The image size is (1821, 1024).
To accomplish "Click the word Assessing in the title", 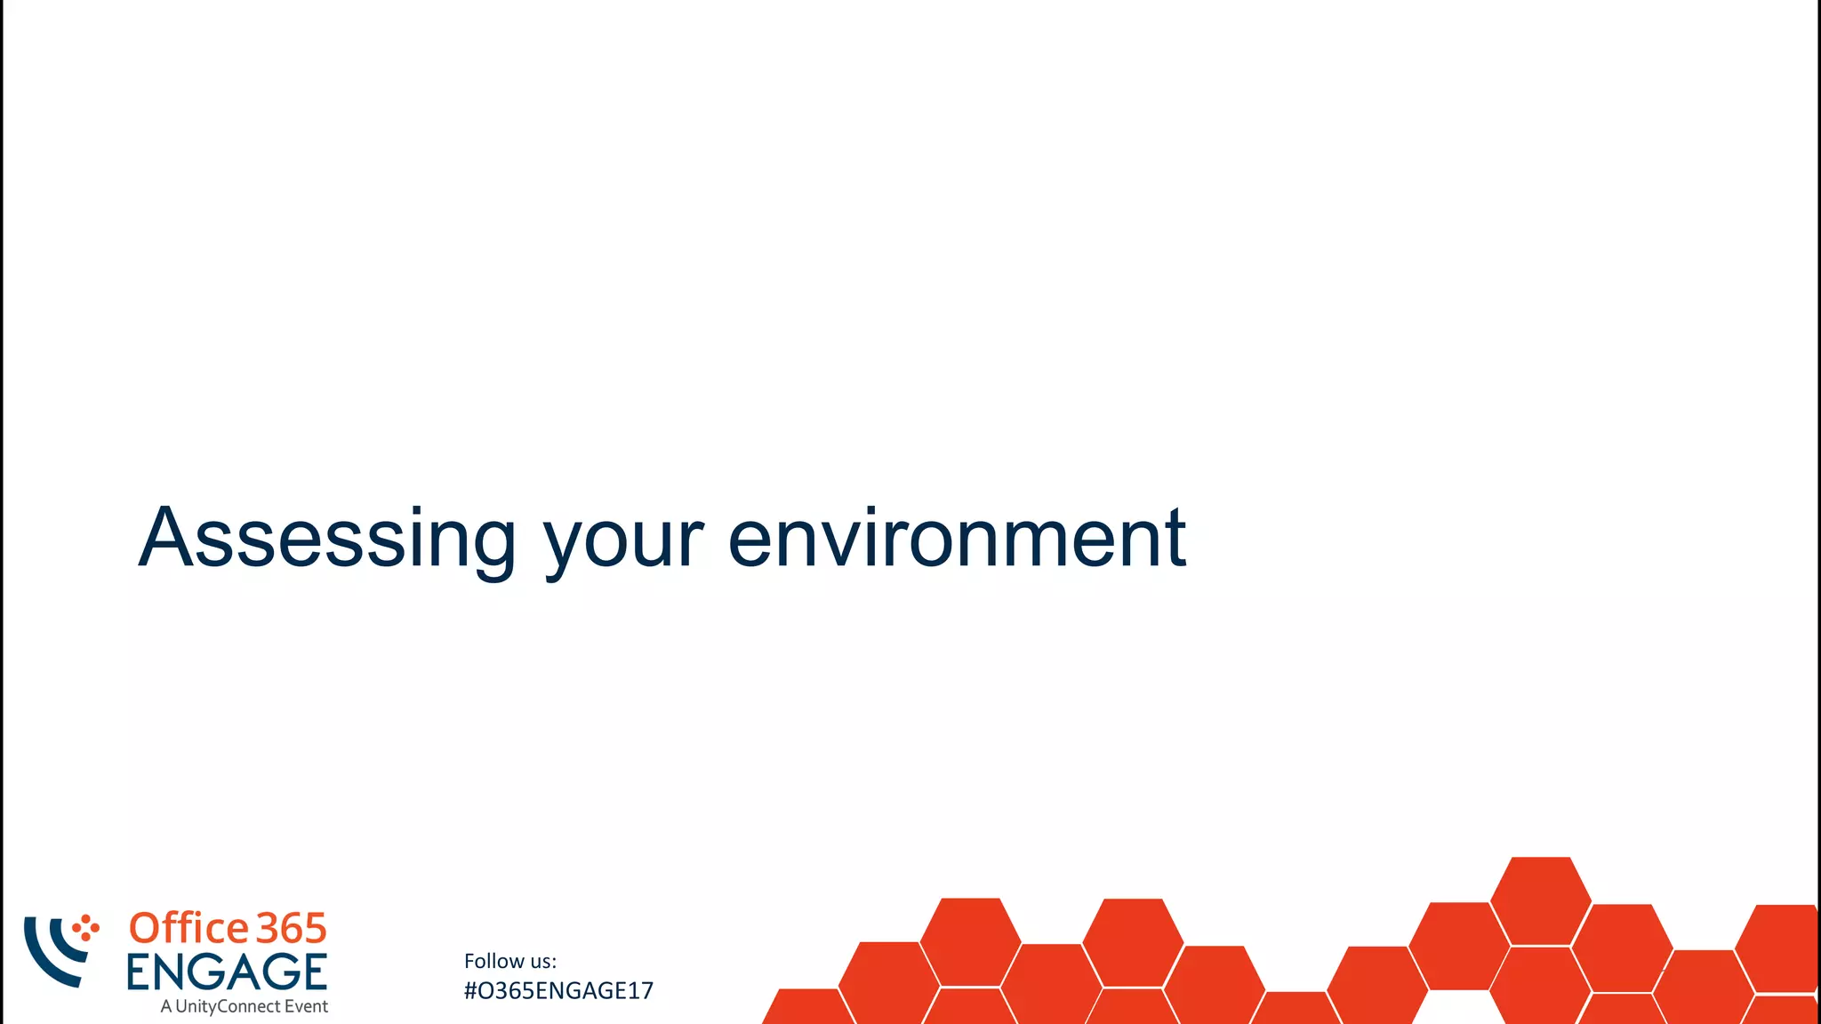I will point(327,539).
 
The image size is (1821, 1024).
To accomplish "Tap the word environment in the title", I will point(957,539).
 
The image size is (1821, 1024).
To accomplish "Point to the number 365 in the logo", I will point(292,928).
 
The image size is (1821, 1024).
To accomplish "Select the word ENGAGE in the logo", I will point(227,972).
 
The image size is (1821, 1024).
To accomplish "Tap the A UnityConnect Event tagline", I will point(245,1006).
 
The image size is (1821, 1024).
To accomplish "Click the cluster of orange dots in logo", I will point(85,927).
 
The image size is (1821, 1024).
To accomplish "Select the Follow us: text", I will point(509,961).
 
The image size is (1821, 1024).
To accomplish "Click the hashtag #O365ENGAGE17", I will point(558,990).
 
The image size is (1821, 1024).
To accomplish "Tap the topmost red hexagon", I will point(1541,900).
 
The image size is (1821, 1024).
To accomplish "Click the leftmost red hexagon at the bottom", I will point(807,1008).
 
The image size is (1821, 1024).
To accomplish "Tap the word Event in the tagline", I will point(306,1006).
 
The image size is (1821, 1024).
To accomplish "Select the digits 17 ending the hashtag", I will point(642,990).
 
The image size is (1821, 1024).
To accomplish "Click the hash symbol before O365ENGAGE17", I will point(470,990).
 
